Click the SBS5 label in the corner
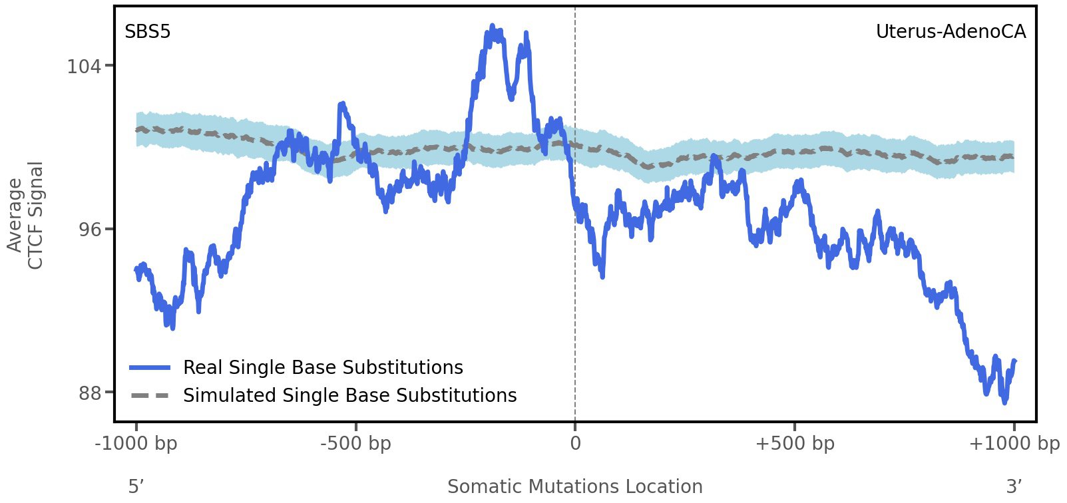[x=148, y=32]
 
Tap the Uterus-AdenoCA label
[x=951, y=32]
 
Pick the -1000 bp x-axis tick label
[x=136, y=444]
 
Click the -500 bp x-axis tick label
[x=355, y=444]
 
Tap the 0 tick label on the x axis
[x=575, y=444]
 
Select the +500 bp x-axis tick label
[x=794, y=444]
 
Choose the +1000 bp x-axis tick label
[x=1014, y=444]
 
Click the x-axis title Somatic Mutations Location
[x=574, y=487]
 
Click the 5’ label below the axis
[x=136, y=487]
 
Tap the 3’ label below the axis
[x=1014, y=487]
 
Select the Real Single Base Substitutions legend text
[x=323, y=368]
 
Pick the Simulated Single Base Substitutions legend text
[x=349, y=396]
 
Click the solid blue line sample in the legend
[x=150, y=368]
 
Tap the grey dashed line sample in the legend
[x=150, y=396]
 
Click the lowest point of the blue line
[x=1004, y=402]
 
